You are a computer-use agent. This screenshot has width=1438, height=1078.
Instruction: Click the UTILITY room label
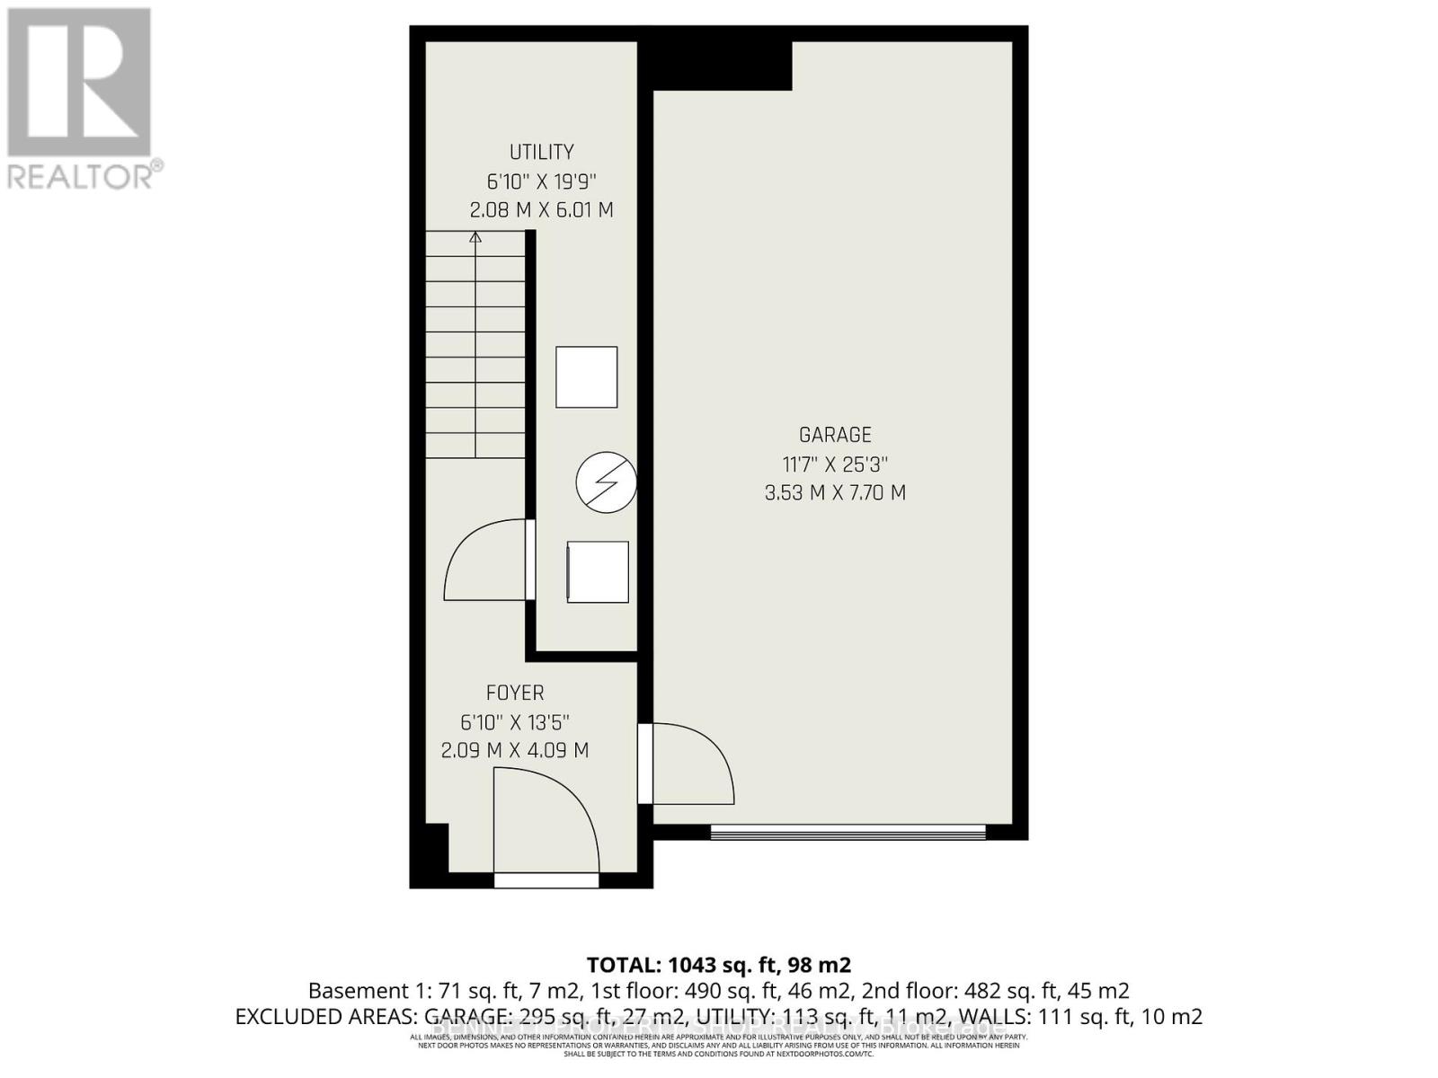(x=541, y=152)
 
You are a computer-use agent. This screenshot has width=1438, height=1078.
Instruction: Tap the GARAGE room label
(x=835, y=435)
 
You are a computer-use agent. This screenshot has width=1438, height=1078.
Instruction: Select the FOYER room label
(x=515, y=693)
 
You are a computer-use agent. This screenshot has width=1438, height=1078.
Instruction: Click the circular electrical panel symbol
(x=607, y=482)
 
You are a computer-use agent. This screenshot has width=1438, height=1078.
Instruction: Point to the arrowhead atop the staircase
(x=475, y=237)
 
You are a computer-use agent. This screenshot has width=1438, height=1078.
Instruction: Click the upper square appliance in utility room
(x=586, y=377)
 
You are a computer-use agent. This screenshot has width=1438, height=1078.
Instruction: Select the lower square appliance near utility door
(x=598, y=572)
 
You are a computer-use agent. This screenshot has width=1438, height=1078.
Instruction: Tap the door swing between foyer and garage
(x=688, y=763)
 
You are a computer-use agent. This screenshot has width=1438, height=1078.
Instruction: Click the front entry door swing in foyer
(x=545, y=822)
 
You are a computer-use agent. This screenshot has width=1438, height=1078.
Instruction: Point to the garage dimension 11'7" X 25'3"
(x=835, y=464)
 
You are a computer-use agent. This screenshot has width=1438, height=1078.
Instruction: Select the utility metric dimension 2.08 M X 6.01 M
(x=541, y=210)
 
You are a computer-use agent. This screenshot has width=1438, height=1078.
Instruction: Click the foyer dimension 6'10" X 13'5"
(x=515, y=721)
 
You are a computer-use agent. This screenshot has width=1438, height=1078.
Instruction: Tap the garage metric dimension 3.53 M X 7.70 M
(x=835, y=493)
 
